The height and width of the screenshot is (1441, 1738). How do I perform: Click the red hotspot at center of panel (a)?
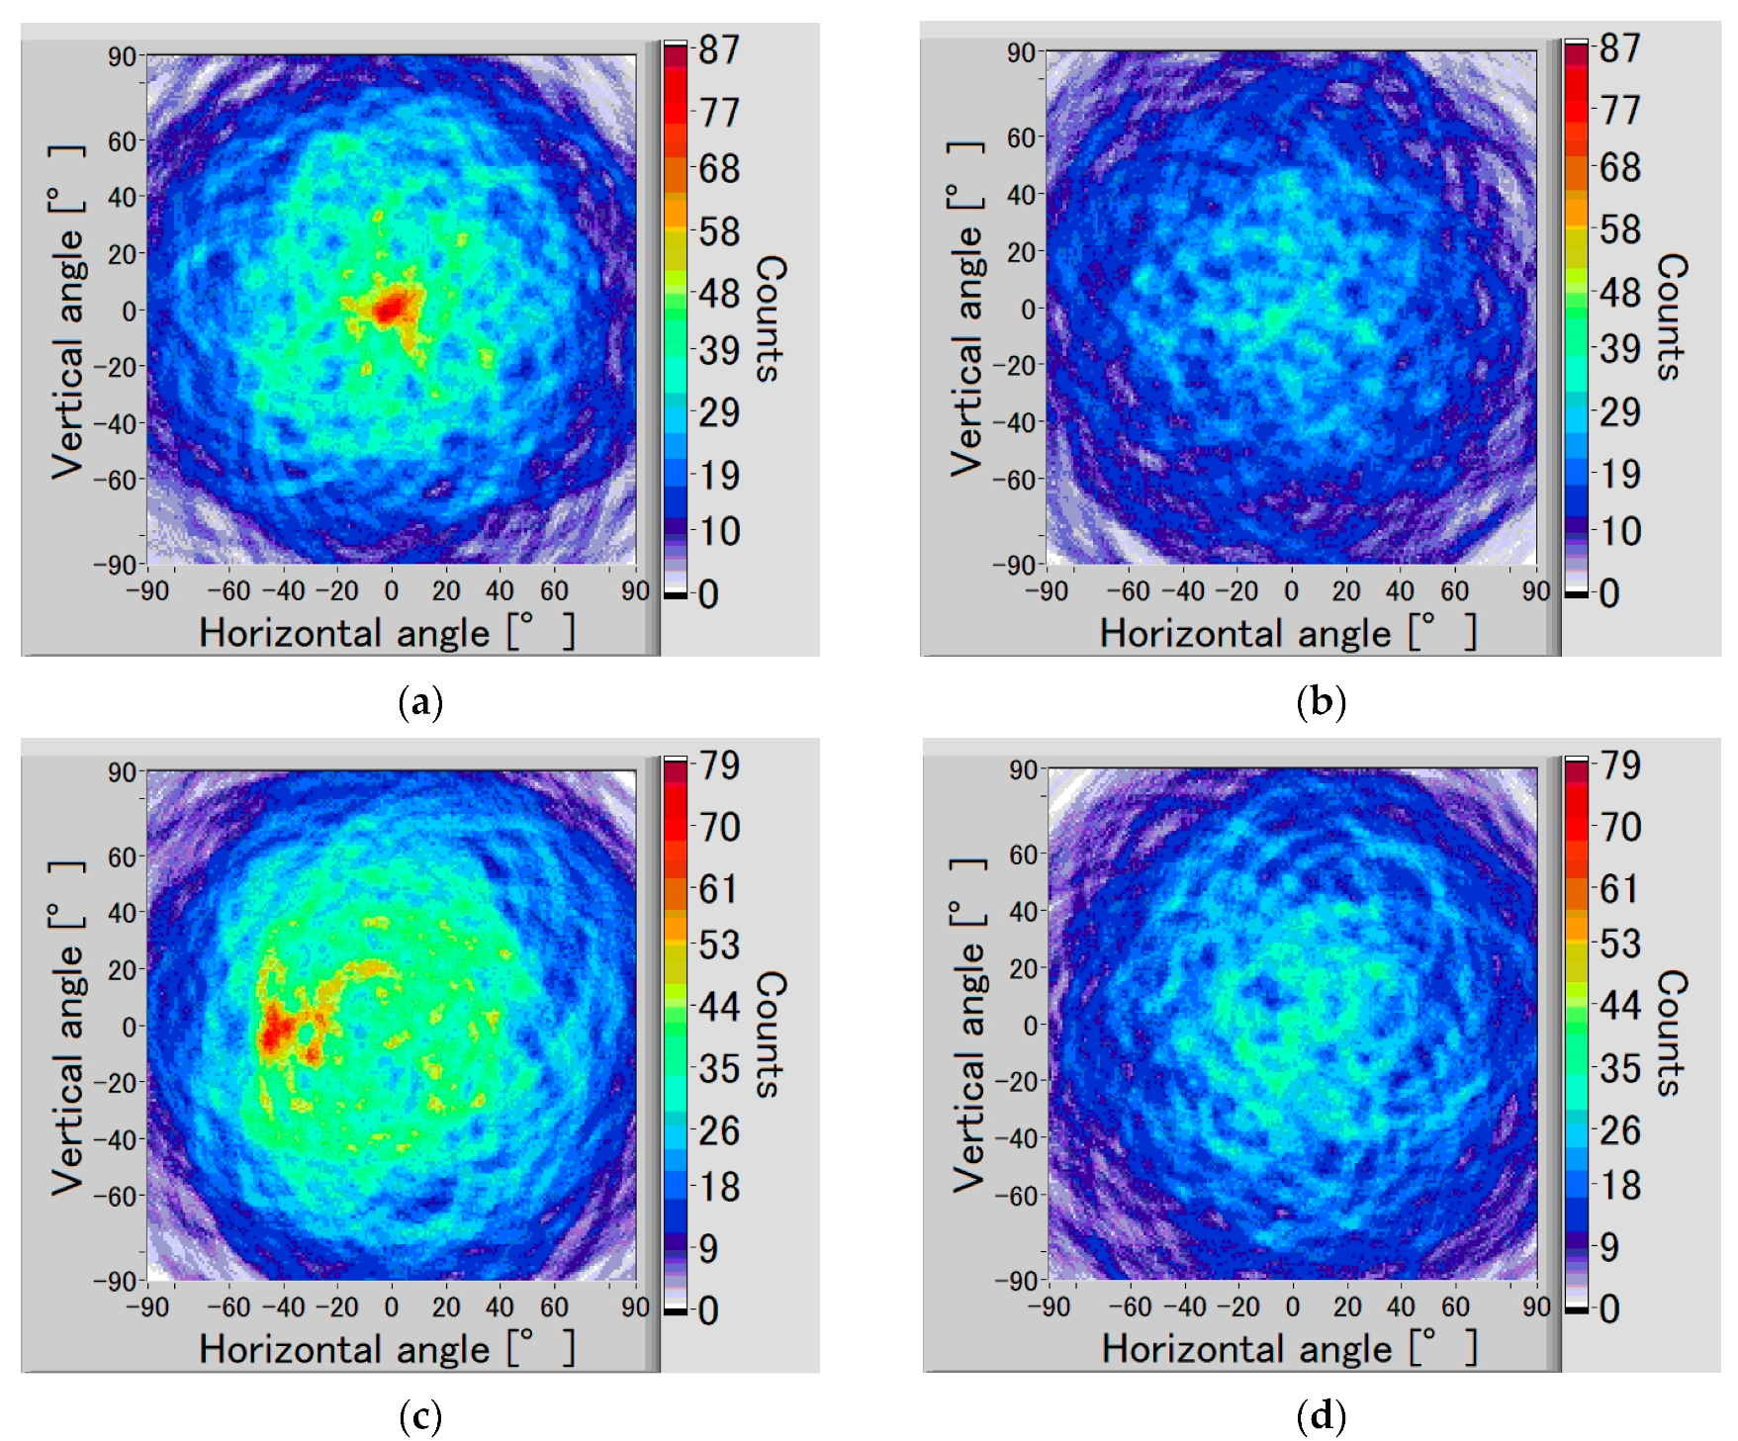[391, 309]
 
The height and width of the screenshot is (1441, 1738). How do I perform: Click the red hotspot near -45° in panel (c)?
[275, 1034]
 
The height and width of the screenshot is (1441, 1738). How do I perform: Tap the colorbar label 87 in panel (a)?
[718, 49]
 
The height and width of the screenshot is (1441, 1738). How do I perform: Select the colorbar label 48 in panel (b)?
[1619, 293]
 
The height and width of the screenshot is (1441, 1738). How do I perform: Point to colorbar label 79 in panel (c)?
[718, 766]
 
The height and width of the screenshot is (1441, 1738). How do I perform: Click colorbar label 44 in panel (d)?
[1619, 1006]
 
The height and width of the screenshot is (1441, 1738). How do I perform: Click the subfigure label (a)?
[419, 703]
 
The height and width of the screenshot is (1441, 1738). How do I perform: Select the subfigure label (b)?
[1321, 702]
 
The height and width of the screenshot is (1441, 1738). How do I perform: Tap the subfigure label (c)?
[419, 1417]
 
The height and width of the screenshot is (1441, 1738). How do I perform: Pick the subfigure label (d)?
[1321, 1417]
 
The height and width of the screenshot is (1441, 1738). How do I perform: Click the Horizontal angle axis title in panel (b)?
[1286, 633]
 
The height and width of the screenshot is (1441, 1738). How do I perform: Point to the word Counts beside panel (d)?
[1671, 1034]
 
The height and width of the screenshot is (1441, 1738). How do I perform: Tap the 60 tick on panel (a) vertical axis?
[122, 141]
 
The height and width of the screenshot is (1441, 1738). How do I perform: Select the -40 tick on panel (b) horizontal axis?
[1182, 591]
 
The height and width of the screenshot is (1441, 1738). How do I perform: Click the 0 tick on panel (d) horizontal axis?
[1293, 1306]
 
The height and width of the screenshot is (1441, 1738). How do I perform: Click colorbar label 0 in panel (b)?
[1608, 593]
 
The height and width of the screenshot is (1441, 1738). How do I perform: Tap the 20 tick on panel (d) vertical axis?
[1023, 968]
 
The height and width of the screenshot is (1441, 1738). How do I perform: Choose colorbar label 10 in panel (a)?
[720, 532]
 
